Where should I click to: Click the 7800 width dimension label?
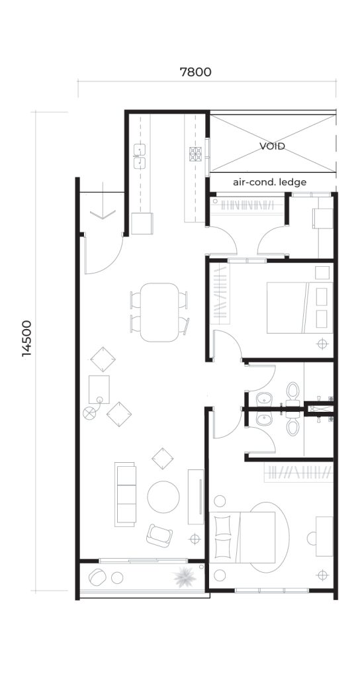[195, 72]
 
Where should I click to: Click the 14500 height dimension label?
[26, 338]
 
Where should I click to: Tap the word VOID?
[272, 146]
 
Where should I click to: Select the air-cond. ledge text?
[270, 182]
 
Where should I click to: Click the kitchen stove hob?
[195, 154]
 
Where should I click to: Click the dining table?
[159, 313]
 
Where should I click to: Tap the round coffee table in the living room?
[163, 497]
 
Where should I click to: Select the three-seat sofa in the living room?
[125, 494]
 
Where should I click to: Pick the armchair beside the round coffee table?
[159, 535]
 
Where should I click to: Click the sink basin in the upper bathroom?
[263, 398]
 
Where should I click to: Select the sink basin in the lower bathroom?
[263, 419]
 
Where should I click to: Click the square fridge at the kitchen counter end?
[142, 224]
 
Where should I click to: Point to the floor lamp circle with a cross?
[89, 413]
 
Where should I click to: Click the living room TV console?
[196, 497]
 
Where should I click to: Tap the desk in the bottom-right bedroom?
[324, 536]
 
